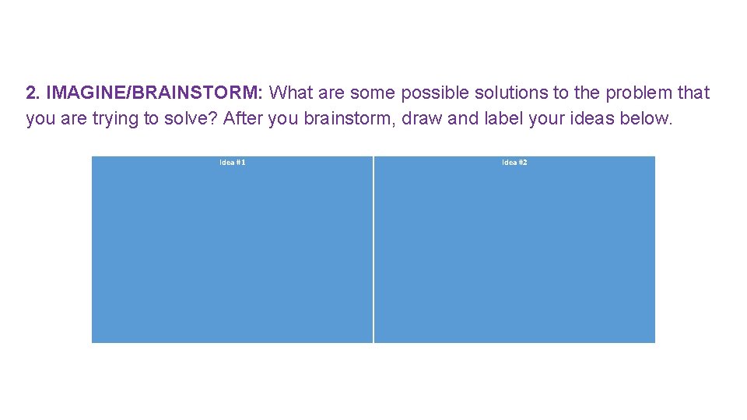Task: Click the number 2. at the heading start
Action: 33,93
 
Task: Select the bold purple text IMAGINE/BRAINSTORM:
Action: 155,93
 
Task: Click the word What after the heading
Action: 292,93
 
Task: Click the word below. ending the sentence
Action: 645,119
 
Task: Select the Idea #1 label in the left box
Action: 233,163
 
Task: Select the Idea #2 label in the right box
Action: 514,163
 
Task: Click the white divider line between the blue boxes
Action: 373,249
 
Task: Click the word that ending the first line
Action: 693,93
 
